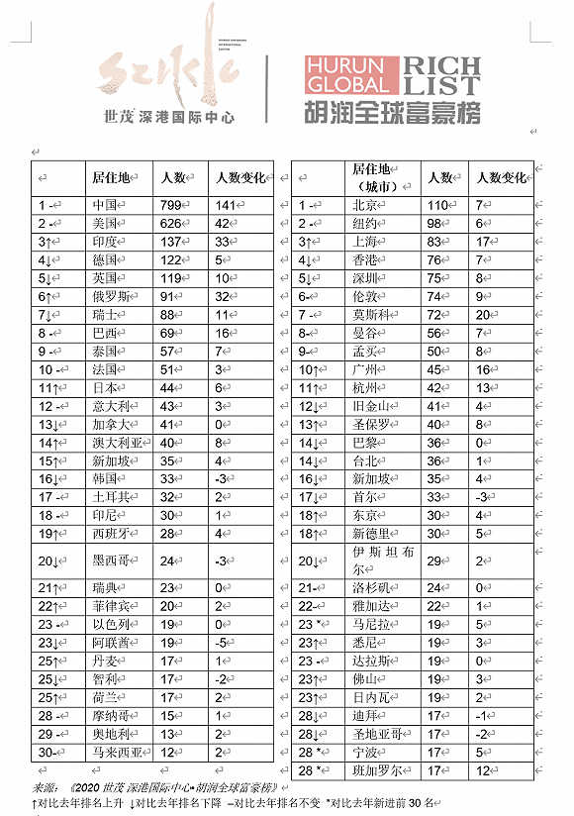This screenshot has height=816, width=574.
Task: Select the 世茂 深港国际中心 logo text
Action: click(170, 116)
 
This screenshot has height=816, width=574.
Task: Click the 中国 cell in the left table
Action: click(105, 205)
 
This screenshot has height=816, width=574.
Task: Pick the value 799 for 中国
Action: click(172, 205)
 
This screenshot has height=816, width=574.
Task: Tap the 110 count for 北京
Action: click(437, 205)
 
